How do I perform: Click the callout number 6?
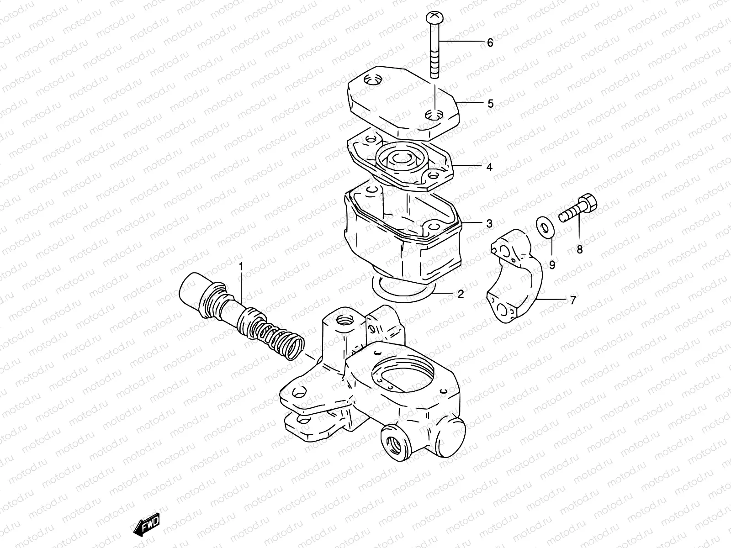click(x=490, y=43)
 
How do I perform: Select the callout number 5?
click(x=490, y=104)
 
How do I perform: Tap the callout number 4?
click(x=489, y=167)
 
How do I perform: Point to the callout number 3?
click(x=489, y=224)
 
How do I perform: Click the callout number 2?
click(x=461, y=294)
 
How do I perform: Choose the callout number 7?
click(x=572, y=300)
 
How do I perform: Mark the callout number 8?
click(x=579, y=249)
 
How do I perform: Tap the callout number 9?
click(x=552, y=264)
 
